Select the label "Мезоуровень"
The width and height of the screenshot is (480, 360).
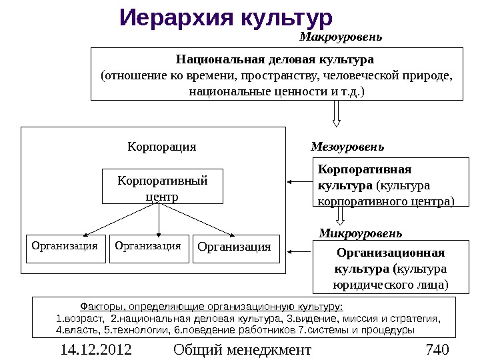(347, 146)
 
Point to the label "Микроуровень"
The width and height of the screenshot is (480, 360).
(360, 233)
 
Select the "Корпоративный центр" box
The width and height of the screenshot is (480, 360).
(162, 187)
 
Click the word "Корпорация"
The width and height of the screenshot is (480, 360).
(162, 146)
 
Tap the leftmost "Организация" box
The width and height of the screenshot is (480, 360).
(65, 247)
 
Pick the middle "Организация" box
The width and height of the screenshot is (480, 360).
(147, 247)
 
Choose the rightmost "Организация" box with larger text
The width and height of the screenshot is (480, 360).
(235, 248)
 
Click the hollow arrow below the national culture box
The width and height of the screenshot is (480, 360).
(337, 113)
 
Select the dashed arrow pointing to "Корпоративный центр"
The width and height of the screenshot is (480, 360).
(299, 181)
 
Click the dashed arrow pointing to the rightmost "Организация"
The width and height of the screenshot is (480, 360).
(299, 252)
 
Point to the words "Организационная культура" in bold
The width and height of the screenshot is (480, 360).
(390, 261)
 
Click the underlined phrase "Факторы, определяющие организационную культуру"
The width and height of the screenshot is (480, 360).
(211, 307)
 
